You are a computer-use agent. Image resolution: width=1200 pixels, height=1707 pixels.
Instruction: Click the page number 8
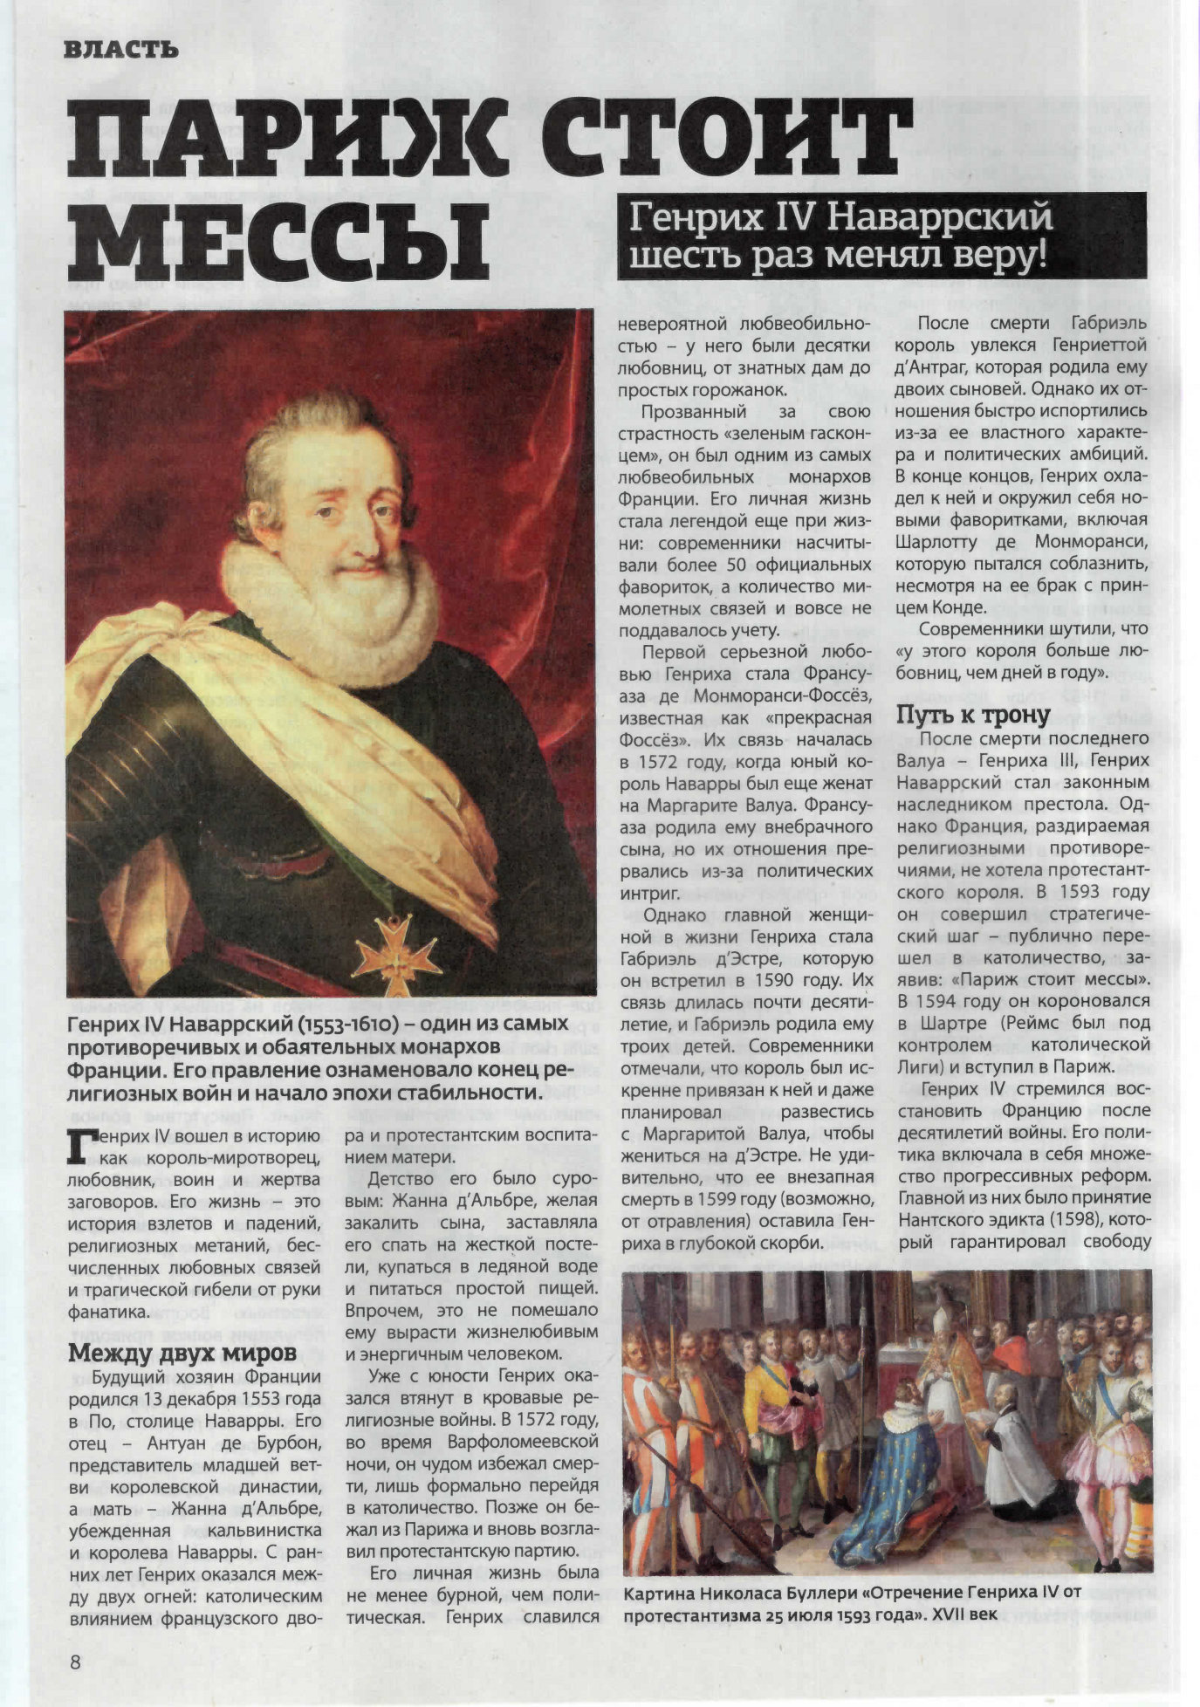75,1661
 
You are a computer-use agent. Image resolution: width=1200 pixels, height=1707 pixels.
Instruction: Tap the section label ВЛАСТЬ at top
121,51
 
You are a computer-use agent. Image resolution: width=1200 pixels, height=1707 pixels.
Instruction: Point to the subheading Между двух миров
182,1353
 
